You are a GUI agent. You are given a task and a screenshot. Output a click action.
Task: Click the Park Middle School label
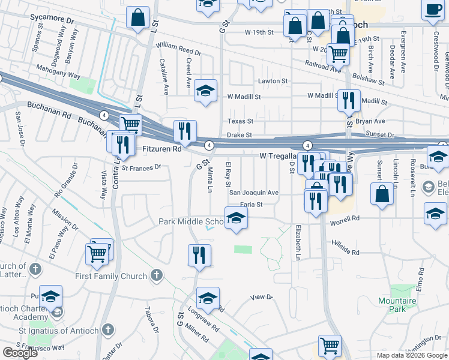coord(191,222)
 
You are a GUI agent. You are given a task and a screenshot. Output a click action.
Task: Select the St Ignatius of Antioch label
coord(62,329)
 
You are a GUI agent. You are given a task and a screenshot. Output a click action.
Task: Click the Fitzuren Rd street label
coord(161,148)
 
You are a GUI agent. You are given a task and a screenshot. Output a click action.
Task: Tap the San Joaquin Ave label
coord(254,193)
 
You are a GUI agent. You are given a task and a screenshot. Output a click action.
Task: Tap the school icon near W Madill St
coord(206,91)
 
